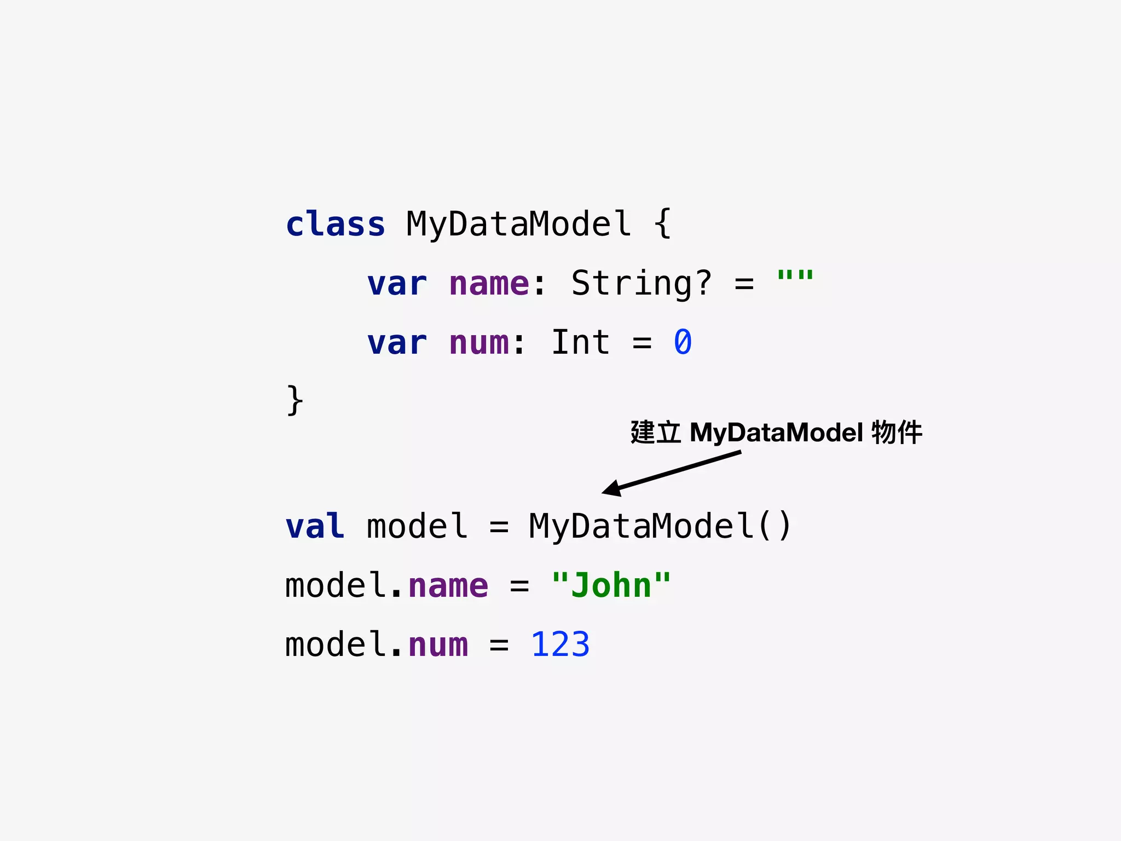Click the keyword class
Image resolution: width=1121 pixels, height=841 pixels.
(335, 224)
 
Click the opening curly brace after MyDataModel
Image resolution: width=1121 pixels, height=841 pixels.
(662, 224)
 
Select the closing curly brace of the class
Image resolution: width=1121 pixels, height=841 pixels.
(294, 400)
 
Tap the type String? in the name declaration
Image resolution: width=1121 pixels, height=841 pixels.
(641, 284)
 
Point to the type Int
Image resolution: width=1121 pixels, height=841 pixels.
(580, 343)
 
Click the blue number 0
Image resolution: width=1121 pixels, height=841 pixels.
(683, 343)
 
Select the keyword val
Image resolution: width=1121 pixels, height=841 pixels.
(315, 526)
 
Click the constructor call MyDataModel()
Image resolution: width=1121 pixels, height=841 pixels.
(660, 526)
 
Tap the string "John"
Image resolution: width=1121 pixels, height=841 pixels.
(611, 585)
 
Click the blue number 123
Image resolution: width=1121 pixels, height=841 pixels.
(560, 644)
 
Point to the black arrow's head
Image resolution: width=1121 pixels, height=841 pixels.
(611, 488)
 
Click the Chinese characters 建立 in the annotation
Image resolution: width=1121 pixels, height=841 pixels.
(655, 433)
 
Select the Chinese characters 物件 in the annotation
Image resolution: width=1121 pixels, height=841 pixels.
(897, 433)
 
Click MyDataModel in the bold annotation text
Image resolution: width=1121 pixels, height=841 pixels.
(776, 433)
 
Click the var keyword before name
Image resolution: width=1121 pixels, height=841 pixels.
(397, 284)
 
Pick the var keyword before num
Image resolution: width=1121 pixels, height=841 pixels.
(397, 343)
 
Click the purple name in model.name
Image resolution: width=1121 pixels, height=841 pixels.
(448, 585)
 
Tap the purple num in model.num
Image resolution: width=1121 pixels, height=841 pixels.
(438, 644)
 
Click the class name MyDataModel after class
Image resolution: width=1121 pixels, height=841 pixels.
(518, 224)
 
